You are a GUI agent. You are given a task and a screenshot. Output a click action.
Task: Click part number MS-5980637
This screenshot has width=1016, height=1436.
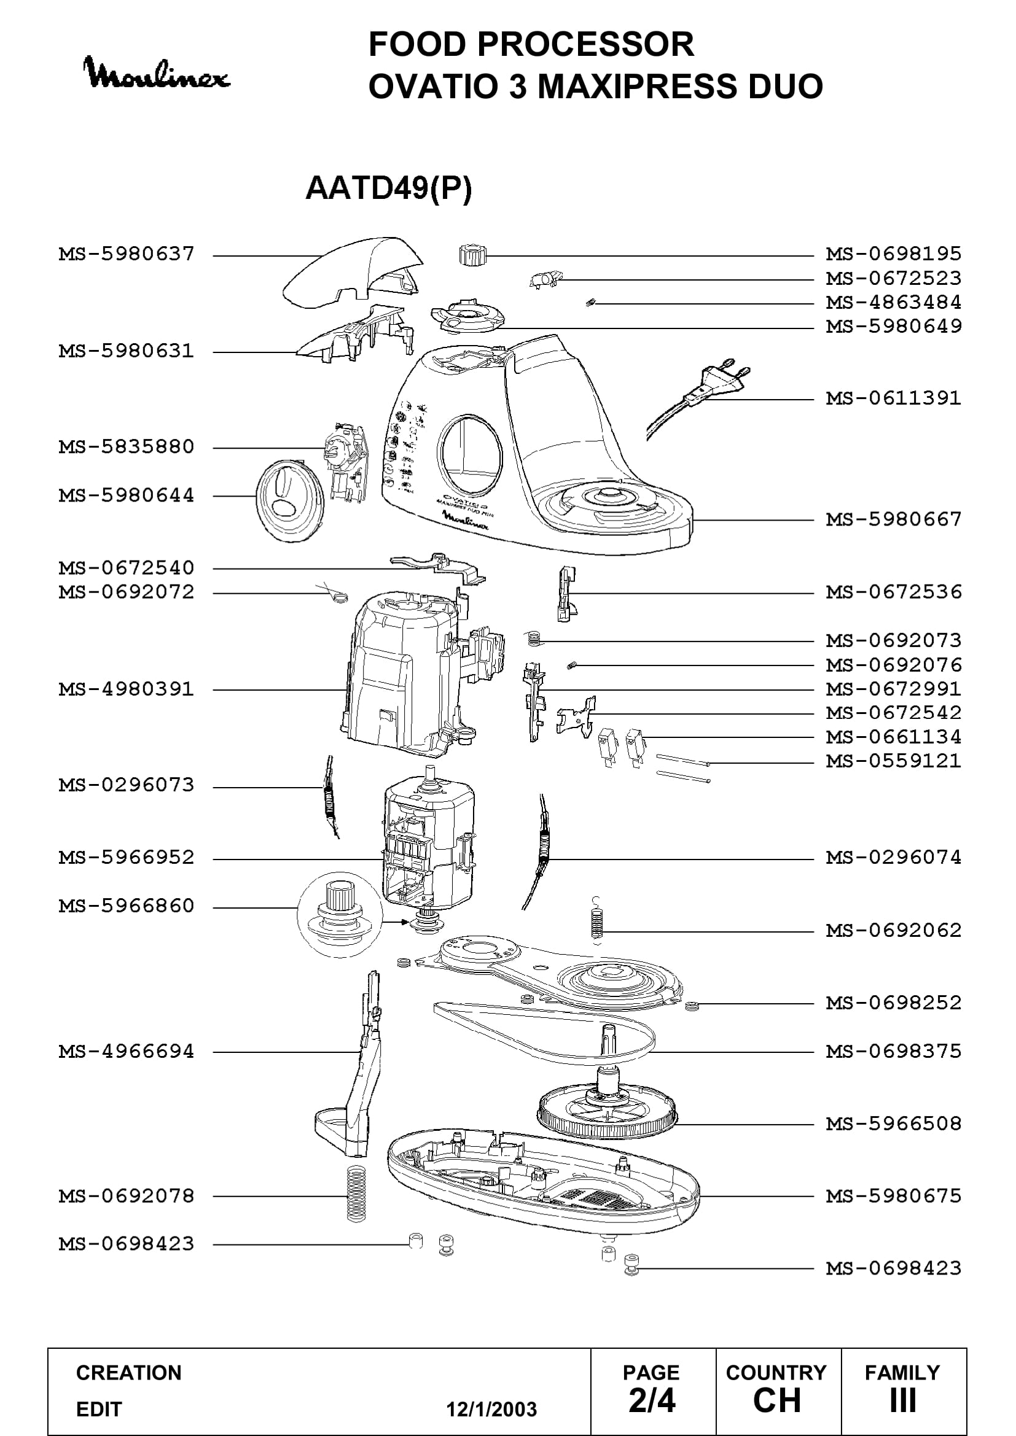(127, 254)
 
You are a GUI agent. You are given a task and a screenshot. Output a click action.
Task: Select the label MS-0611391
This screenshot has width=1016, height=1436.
(893, 398)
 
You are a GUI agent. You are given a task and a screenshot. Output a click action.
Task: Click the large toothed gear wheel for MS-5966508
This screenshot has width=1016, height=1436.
(607, 1116)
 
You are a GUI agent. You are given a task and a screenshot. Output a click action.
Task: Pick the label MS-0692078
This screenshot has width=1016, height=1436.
(127, 1196)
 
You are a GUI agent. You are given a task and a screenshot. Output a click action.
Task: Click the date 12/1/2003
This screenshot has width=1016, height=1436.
(491, 1409)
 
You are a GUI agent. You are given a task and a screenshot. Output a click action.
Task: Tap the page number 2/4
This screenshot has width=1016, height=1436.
(652, 1400)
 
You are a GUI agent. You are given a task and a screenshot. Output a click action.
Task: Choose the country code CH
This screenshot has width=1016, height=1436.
(777, 1400)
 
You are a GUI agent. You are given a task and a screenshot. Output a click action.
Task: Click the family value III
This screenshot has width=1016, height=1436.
(903, 1400)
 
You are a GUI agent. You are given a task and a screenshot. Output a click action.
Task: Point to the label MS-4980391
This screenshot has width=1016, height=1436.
(127, 689)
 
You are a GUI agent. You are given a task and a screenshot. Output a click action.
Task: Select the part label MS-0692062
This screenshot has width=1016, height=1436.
(893, 930)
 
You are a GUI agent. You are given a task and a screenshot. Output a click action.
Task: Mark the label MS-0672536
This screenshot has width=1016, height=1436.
(893, 592)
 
